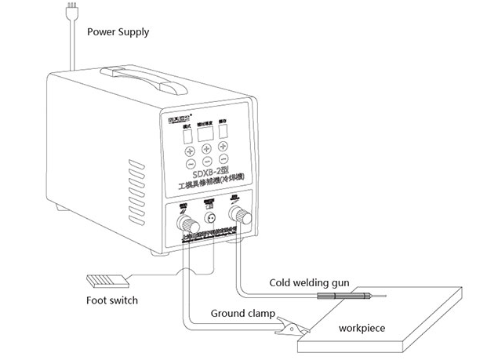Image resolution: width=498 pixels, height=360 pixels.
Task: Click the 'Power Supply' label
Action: (118, 32)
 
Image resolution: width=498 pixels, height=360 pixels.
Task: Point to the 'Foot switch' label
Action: (112, 300)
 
